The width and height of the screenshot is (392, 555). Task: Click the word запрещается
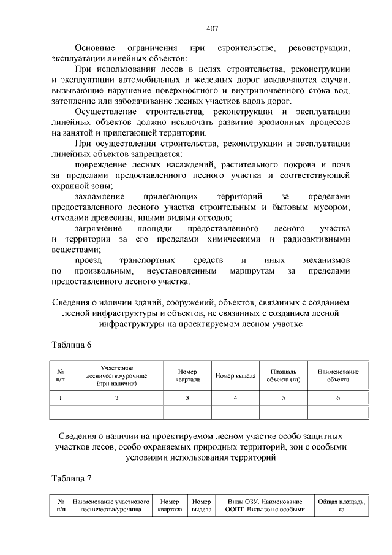(x=159, y=154)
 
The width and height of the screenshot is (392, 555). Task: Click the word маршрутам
(x=251, y=270)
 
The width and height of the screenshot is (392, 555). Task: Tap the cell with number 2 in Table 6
(x=116, y=399)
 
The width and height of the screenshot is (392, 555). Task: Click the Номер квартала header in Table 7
(x=170, y=506)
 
